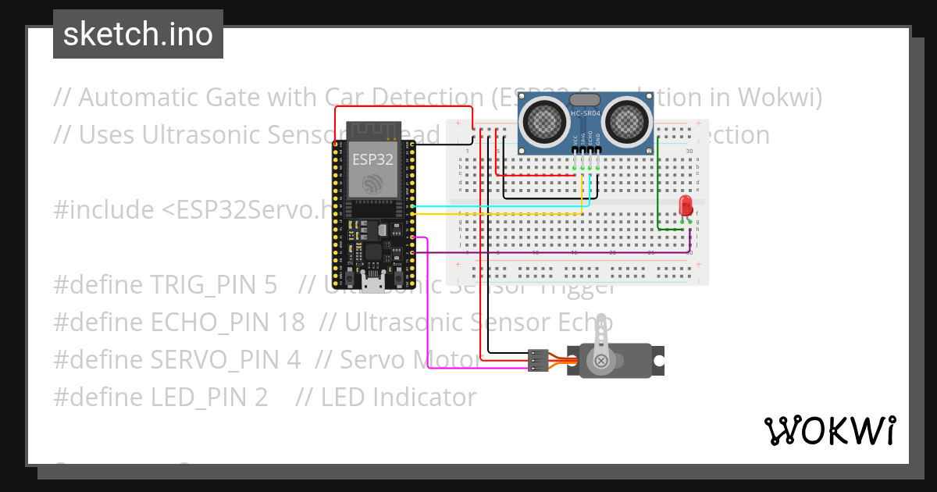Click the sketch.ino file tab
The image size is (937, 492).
coord(137,34)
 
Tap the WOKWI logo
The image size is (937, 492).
coord(829,430)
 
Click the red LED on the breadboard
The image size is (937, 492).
coord(686,205)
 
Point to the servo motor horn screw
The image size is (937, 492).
coord(601,361)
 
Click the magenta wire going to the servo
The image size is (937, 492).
coord(427,312)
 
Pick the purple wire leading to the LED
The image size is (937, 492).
coord(547,253)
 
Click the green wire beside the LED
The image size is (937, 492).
coord(658,187)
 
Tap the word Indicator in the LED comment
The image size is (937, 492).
coord(423,398)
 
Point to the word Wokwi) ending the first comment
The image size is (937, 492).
coord(773,98)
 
